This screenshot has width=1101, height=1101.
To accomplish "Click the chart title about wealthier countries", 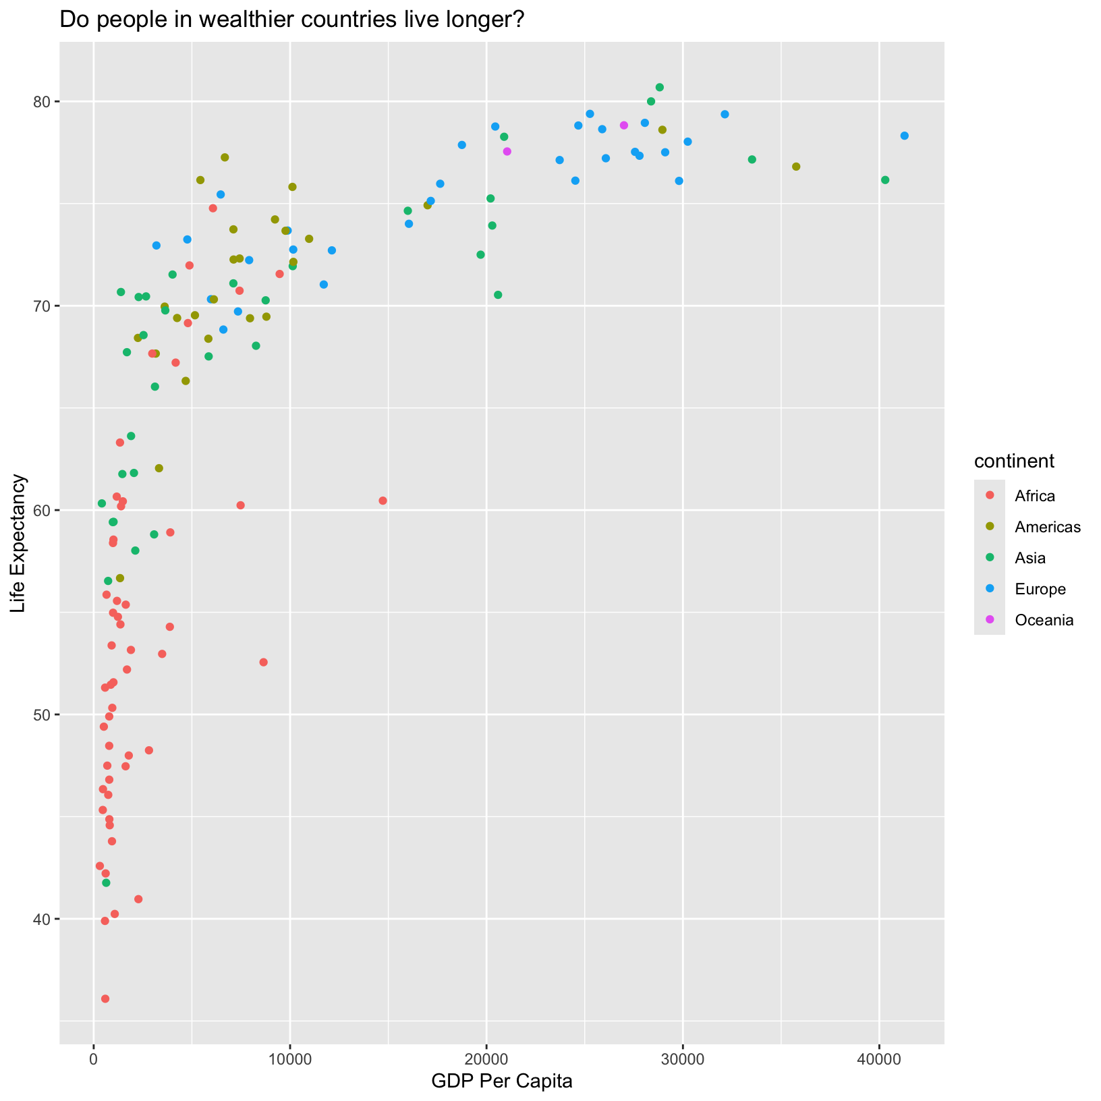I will click(x=292, y=21).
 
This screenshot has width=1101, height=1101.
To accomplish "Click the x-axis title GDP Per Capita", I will click(x=502, y=1081).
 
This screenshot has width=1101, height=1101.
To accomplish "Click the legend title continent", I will click(x=1014, y=461).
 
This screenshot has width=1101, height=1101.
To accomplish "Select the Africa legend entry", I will click(x=1034, y=496).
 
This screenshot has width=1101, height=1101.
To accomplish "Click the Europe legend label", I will click(x=1040, y=589).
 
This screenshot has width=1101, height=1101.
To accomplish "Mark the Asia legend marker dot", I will click(x=990, y=558).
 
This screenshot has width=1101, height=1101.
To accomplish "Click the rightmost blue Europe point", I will click(x=905, y=136).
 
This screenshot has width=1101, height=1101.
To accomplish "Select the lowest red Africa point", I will click(x=105, y=998).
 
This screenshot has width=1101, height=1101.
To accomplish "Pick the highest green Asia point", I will click(x=660, y=87).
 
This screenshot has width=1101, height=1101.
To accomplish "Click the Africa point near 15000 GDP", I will click(x=383, y=501).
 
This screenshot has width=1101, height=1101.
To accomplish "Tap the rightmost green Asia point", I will click(x=885, y=180).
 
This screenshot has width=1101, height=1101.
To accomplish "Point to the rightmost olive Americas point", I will click(x=796, y=167).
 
